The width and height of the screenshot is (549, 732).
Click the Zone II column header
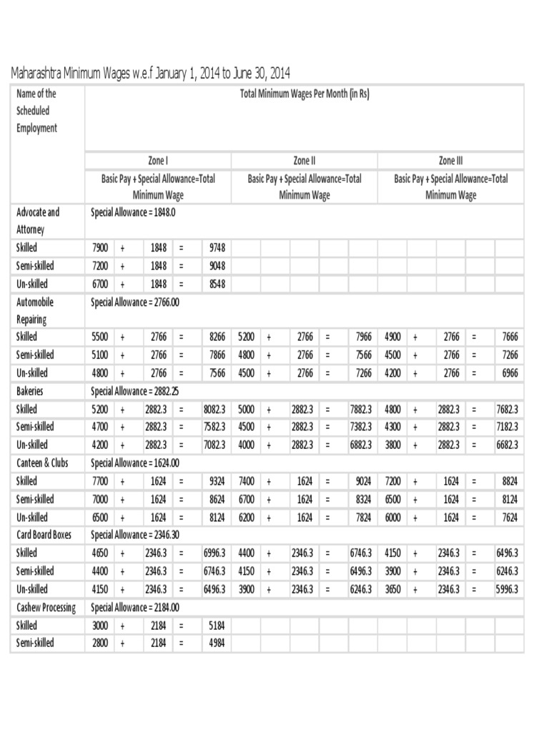click(x=305, y=161)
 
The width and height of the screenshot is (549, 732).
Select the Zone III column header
click(x=450, y=161)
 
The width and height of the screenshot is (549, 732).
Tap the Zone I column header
click(x=158, y=161)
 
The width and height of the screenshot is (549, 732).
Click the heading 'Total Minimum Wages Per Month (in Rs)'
click(x=305, y=94)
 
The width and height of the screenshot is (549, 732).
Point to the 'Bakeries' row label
click(x=31, y=391)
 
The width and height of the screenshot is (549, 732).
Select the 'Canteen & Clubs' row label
click(x=42, y=463)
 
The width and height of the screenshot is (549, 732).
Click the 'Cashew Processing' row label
click(x=46, y=607)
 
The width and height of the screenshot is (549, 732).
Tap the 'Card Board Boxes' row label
click(x=44, y=535)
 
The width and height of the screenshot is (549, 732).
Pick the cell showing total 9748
click(x=217, y=247)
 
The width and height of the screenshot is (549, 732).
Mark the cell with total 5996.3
click(x=506, y=589)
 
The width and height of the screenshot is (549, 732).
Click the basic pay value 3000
click(x=100, y=625)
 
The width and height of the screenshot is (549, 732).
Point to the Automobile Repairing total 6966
click(x=509, y=372)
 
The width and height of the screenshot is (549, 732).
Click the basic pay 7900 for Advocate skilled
click(x=100, y=247)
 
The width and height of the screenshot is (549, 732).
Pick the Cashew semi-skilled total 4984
click(x=217, y=643)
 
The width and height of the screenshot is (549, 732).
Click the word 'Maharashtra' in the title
click(x=38, y=73)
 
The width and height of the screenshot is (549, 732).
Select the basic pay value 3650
click(x=393, y=589)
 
